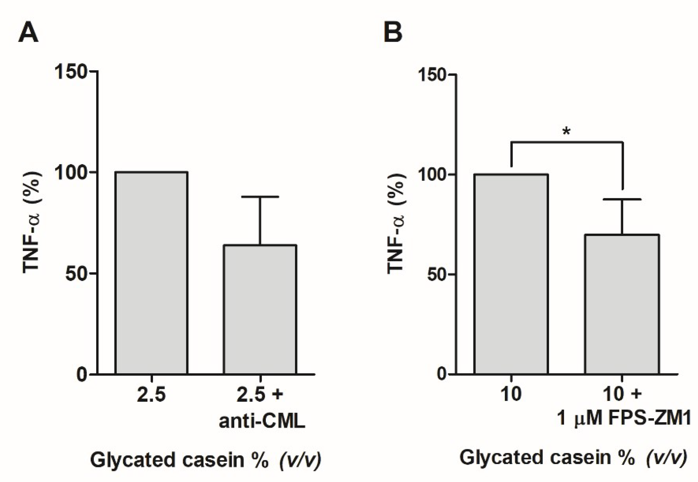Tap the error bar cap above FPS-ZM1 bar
622,199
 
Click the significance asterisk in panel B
566,132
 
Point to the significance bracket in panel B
567,142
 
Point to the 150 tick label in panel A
71,72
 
